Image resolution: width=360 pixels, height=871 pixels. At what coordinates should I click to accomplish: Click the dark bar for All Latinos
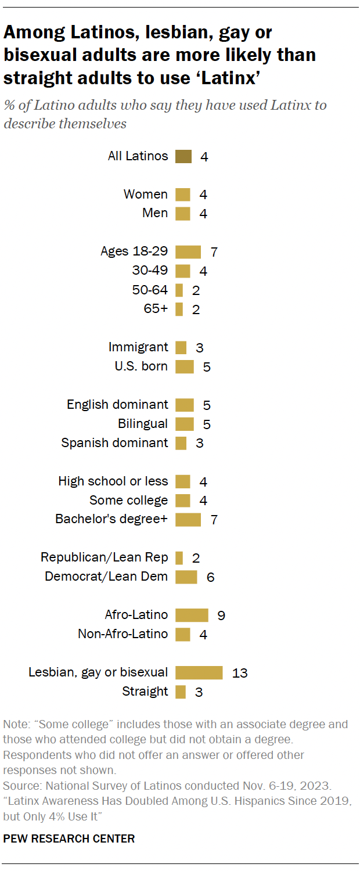click(183, 156)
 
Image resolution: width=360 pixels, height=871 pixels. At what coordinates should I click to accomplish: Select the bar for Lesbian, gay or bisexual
click(199, 672)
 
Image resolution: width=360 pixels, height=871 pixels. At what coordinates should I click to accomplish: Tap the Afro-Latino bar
click(192, 615)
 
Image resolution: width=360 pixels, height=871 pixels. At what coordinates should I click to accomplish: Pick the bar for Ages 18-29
click(188, 251)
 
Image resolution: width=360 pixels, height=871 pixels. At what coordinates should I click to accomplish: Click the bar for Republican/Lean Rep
click(179, 557)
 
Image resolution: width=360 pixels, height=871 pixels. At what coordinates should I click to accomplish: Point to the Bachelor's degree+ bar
click(188, 519)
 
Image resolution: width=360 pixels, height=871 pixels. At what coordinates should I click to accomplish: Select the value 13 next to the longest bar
click(239, 673)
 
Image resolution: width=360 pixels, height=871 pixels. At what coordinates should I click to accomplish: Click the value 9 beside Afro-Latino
click(221, 616)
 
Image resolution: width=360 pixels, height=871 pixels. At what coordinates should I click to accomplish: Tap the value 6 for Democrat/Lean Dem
click(210, 577)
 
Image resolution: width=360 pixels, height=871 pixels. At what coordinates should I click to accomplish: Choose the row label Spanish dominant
click(114, 442)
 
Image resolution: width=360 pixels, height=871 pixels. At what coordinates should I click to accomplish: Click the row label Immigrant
click(138, 347)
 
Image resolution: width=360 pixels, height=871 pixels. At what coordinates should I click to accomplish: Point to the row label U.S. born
click(141, 366)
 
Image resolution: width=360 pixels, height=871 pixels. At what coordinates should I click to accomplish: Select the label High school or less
click(113, 481)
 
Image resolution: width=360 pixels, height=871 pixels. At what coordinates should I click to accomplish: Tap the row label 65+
click(156, 309)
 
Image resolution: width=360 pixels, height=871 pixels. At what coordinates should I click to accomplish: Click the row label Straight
click(145, 692)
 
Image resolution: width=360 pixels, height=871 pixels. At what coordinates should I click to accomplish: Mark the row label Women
click(145, 195)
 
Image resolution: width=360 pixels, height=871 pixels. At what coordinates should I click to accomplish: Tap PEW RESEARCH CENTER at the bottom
click(69, 838)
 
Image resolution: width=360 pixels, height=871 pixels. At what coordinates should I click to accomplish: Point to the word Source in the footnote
click(20, 786)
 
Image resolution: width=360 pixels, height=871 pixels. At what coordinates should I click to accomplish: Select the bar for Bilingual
click(184, 424)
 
